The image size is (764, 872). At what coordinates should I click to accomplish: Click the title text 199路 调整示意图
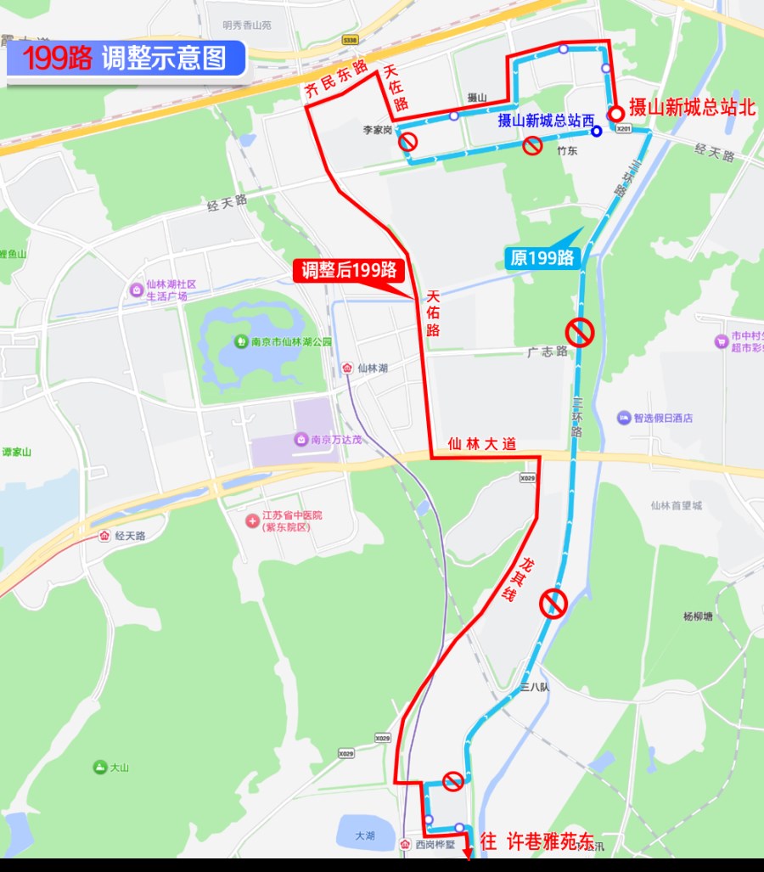[x=126, y=59]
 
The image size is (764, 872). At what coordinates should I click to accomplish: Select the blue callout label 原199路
[x=542, y=258]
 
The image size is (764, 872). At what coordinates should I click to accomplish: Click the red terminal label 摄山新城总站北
[x=692, y=110]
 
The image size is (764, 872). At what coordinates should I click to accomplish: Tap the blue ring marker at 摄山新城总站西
[x=598, y=131]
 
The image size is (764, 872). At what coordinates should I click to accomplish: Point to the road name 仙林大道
[x=480, y=443]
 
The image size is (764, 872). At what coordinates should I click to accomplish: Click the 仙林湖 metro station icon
[x=346, y=368]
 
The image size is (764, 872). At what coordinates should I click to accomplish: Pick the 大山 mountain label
[x=111, y=768]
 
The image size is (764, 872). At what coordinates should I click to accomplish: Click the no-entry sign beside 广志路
[x=580, y=332]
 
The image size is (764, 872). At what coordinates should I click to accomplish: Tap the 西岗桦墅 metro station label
[x=435, y=846]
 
